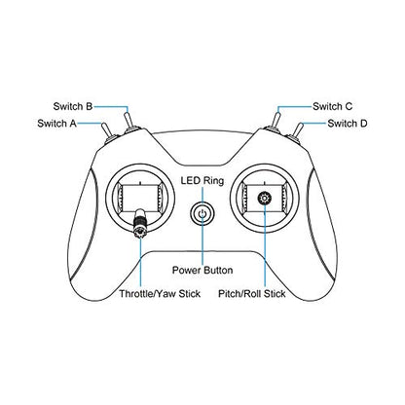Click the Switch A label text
pyautogui.click(x=56, y=124)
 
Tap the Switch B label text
pyautogui.click(x=73, y=106)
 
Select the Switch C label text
pyautogui.click(x=332, y=106)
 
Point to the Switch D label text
pyautogui.click(x=348, y=124)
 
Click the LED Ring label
pyautogui.click(x=202, y=181)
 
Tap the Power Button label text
pyautogui.click(x=202, y=271)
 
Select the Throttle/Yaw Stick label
pyautogui.click(x=160, y=294)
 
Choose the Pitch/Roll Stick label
pyautogui.click(x=252, y=294)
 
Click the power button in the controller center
pyautogui.click(x=202, y=214)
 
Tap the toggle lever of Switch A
pyautogui.click(x=106, y=131)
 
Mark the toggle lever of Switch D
pyautogui.click(x=298, y=131)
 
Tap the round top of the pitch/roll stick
pyautogui.click(x=265, y=199)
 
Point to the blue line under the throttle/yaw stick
pyautogui.click(x=141, y=264)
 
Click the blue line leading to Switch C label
pyautogui.click(x=294, y=107)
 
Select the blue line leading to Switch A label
pyautogui.click(x=90, y=124)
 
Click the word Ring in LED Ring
pyautogui.click(x=213, y=181)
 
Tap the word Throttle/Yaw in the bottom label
pyautogui.click(x=147, y=294)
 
